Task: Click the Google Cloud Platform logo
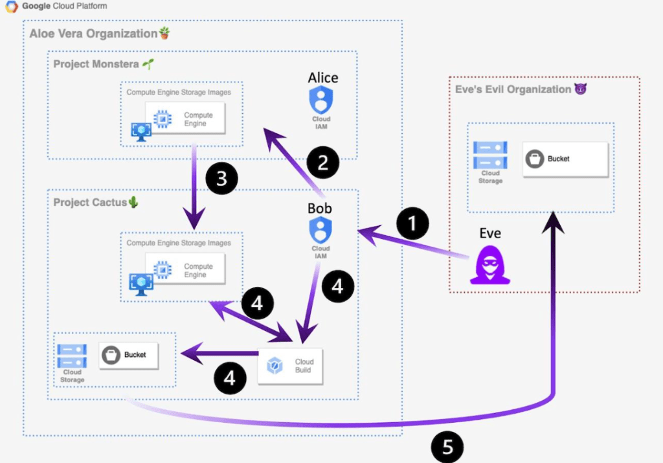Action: (11, 7)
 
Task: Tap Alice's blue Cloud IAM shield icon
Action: (321, 100)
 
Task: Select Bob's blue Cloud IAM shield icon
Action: (320, 230)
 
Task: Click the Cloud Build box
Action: (289, 366)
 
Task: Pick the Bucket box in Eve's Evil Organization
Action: (565, 159)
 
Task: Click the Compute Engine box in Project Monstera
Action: (185, 119)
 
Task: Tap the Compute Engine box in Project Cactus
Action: (185, 270)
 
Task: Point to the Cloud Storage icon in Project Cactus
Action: (72, 356)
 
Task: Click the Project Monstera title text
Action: (96, 64)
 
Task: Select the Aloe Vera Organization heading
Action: (93, 34)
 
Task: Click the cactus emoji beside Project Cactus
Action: (133, 203)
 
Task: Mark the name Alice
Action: (322, 78)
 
